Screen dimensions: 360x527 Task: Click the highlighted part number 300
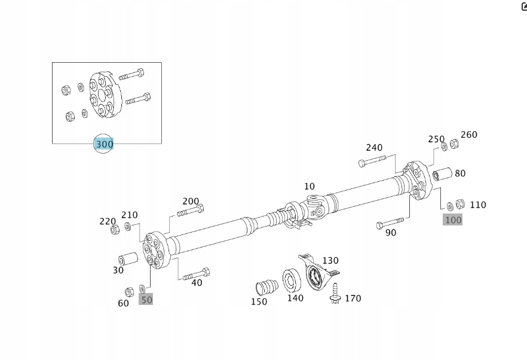(104, 144)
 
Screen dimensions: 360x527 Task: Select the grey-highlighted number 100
(453, 219)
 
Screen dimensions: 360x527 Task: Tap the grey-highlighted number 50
(146, 299)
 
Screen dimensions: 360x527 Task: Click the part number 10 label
(309, 187)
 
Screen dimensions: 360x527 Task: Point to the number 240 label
(374, 148)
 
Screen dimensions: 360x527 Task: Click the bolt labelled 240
(372, 161)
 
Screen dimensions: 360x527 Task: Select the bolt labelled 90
(390, 224)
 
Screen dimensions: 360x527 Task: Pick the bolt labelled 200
(191, 210)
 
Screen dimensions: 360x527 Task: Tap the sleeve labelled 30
(127, 260)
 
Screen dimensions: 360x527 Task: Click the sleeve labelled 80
(443, 175)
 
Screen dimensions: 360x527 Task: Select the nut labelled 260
(454, 144)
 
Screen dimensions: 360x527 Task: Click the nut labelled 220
(115, 229)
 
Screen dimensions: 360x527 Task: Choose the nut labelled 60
(128, 292)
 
